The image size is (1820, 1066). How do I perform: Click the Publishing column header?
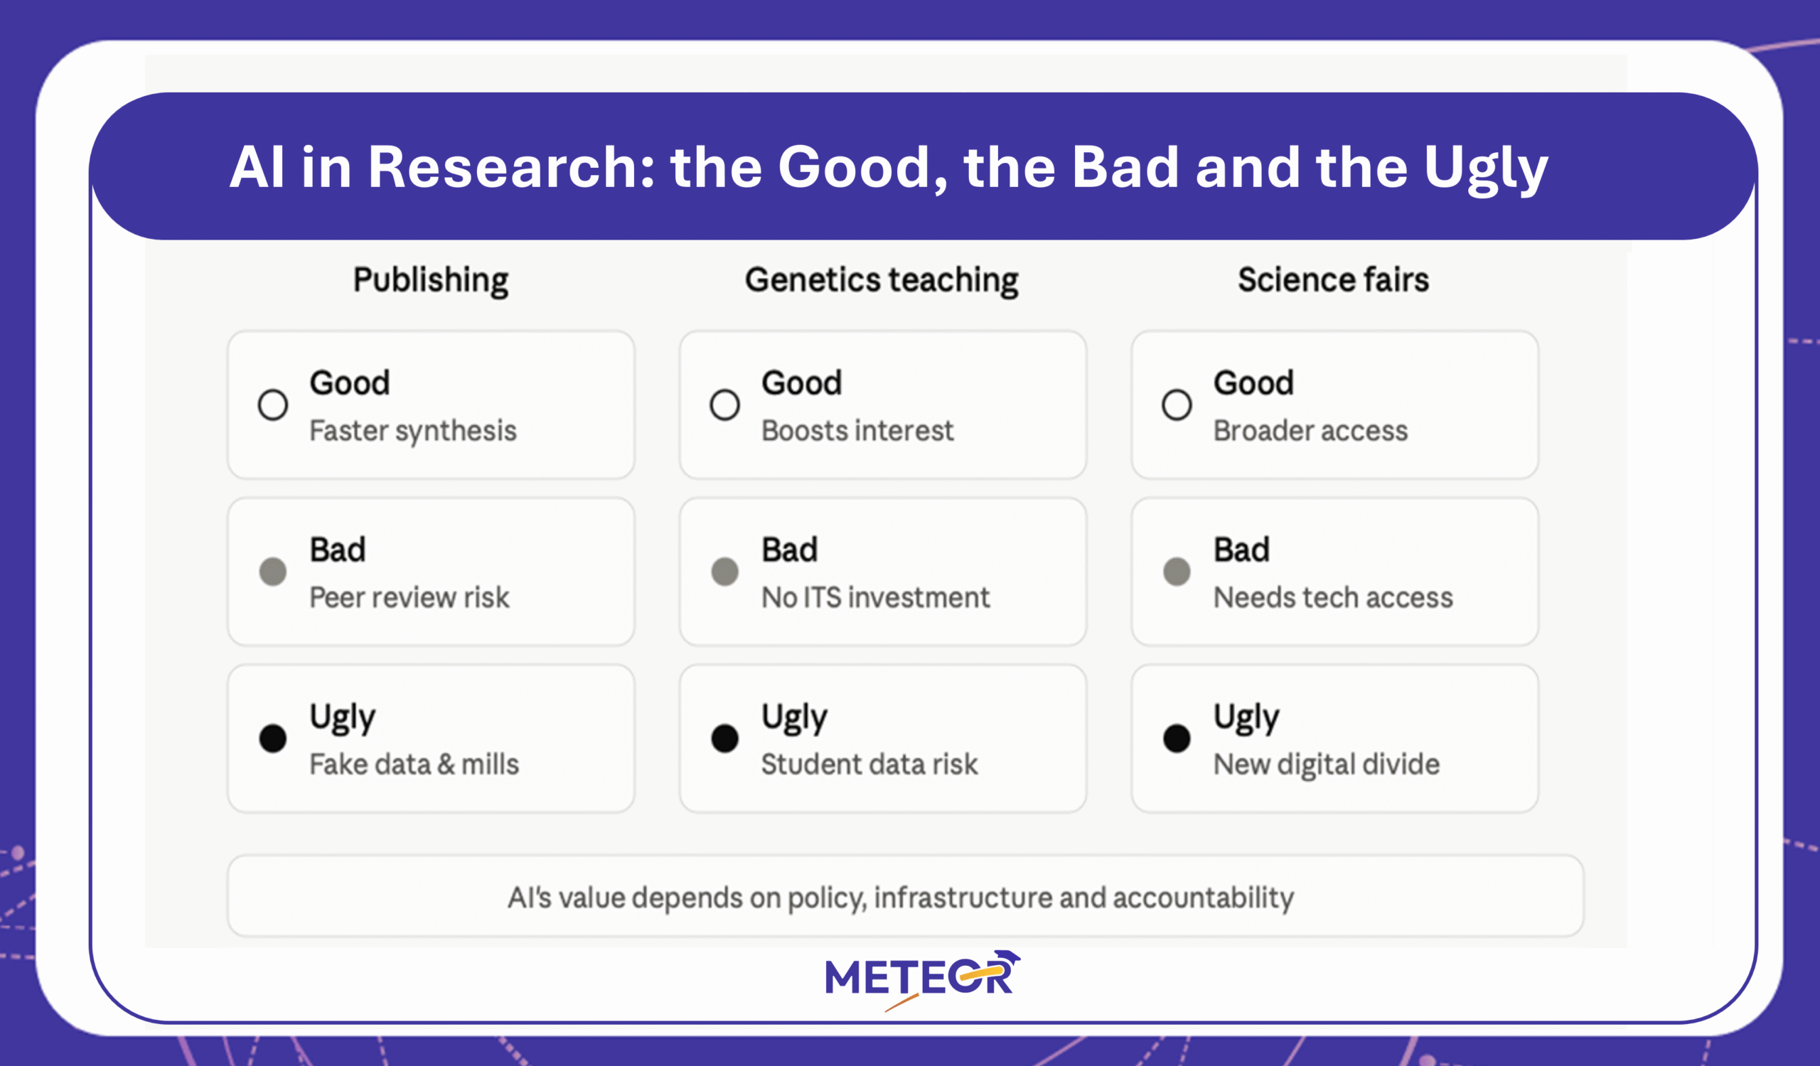tap(430, 281)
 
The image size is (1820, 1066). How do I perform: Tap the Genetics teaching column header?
tap(882, 281)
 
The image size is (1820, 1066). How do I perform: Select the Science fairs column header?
tap(1333, 279)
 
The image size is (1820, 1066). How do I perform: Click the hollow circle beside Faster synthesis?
tap(273, 405)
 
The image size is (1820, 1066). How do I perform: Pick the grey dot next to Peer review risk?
tap(273, 571)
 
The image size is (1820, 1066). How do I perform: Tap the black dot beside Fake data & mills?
tap(273, 738)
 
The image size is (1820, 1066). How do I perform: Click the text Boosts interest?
tap(857, 430)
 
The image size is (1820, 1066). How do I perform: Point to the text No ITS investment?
tap(875, 597)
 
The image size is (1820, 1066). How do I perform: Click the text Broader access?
tap(1310, 430)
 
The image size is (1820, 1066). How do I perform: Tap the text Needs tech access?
tap(1332, 597)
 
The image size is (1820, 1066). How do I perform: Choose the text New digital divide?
tap(1326, 766)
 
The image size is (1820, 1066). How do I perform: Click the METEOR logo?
tap(923, 979)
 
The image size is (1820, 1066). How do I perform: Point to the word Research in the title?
tap(511, 167)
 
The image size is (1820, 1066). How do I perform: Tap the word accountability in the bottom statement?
tap(1203, 898)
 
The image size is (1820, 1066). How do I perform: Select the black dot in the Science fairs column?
tap(1177, 738)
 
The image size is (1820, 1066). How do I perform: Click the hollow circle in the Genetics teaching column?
tap(724, 405)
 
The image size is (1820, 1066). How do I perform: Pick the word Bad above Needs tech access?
tap(1241, 550)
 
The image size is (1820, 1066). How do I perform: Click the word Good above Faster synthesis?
tap(350, 383)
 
